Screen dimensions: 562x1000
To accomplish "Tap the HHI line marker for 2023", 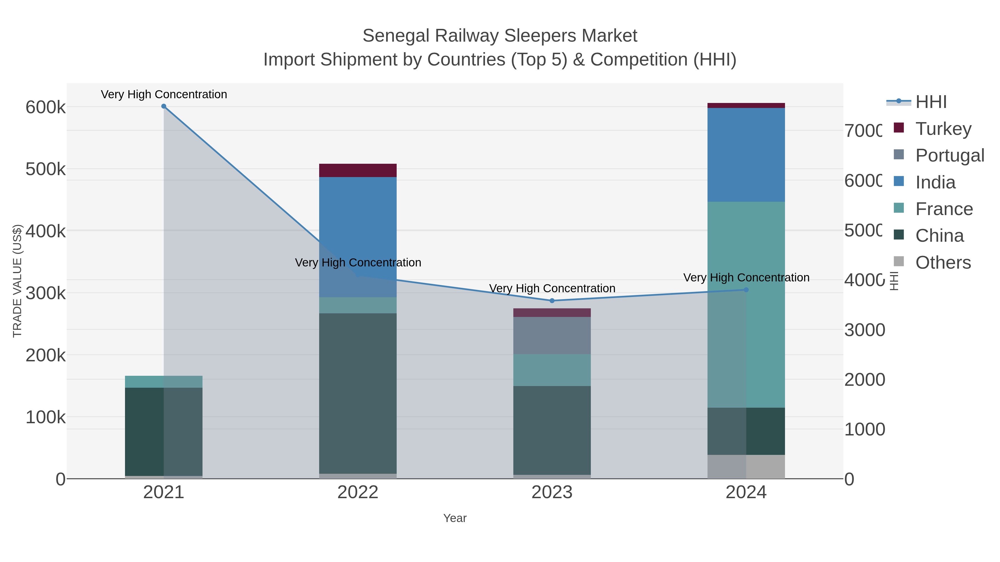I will point(552,301).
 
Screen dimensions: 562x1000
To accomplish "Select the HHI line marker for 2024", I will point(746,290).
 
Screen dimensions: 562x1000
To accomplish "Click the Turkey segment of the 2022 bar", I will point(357,170).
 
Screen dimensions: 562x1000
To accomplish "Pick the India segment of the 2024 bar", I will point(746,155).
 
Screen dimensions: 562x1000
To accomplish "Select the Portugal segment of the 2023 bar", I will point(552,336).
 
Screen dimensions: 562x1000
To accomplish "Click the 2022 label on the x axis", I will point(357,493).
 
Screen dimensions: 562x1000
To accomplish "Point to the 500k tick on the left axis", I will point(46,170).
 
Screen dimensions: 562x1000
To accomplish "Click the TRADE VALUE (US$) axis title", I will point(17,281).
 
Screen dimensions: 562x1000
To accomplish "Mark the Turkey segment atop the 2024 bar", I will point(746,105).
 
